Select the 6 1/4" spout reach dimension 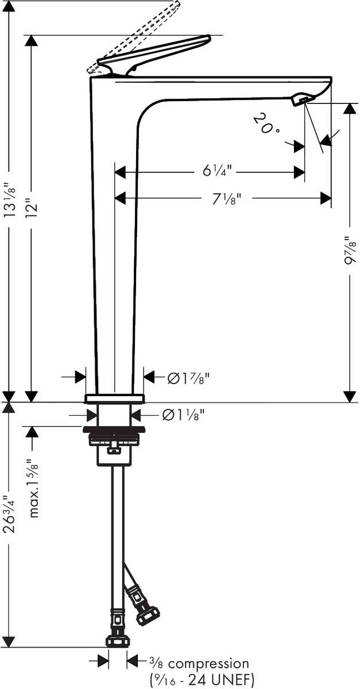216,171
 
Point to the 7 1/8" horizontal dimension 226,199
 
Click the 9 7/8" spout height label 350,251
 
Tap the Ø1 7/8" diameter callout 189,378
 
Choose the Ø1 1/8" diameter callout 183,416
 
